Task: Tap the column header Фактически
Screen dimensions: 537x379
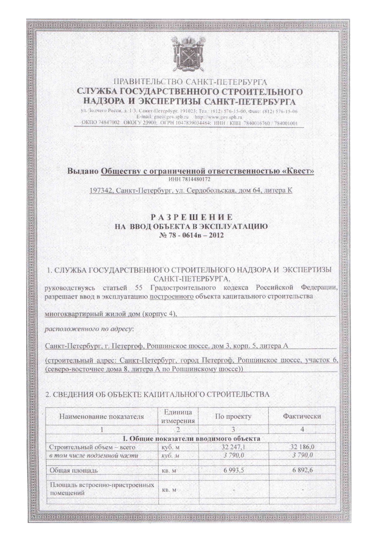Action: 302,416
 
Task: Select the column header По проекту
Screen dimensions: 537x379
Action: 233,416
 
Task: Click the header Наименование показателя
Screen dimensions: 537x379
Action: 102,416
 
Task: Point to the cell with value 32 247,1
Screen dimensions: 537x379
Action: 233,448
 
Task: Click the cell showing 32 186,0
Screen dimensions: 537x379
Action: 302,448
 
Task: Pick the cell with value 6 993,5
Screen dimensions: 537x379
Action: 233,471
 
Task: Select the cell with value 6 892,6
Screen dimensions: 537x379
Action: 302,471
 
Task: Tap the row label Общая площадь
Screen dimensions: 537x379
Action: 74,471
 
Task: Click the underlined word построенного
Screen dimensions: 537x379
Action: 172,296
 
